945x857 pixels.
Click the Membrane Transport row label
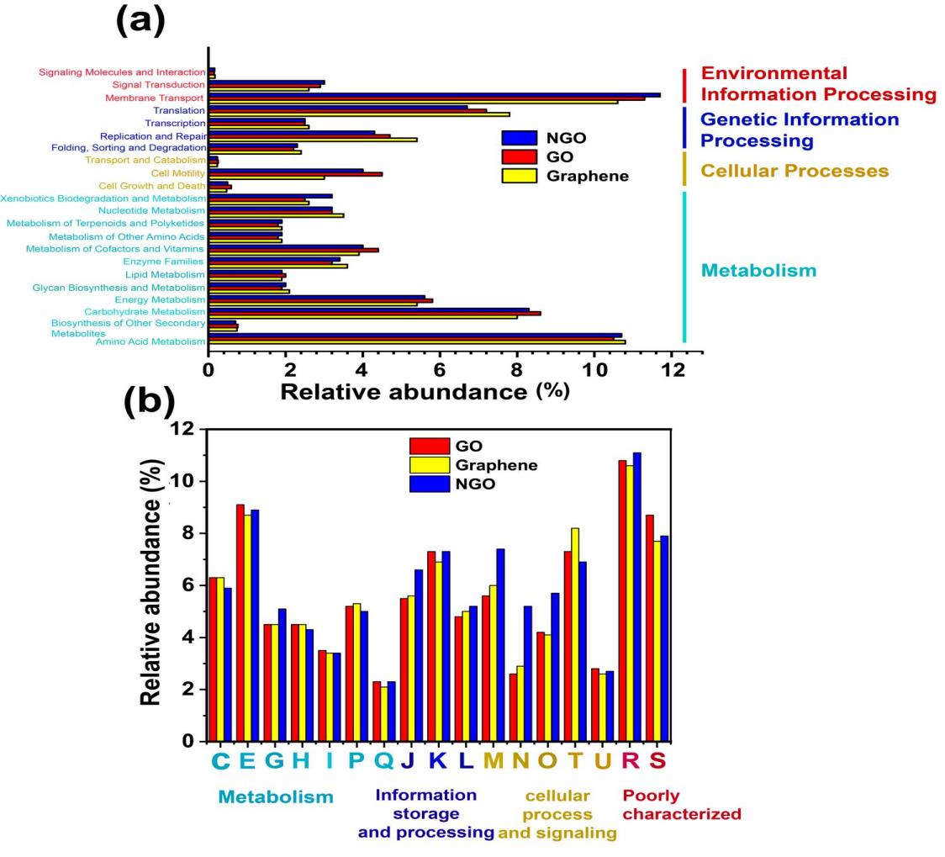coord(154,98)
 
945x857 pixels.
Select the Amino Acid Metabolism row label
coord(150,341)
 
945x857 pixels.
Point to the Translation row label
coord(178,110)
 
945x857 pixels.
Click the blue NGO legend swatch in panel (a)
coord(519,138)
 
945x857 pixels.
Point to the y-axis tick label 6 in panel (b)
coord(188,585)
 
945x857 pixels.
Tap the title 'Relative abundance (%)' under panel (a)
coord(425,392)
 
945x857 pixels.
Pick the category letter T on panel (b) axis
coord(576,761)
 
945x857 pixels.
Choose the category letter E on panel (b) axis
coord(247,761)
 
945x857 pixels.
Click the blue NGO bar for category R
coord(637,596)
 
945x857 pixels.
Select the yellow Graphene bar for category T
coord(575,634)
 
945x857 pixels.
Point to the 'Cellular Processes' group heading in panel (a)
coord(795,171)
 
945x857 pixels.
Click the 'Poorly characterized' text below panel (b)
coord(682,805)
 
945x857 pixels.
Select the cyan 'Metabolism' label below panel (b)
coord(276,796)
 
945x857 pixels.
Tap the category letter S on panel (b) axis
coord(657,761)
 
